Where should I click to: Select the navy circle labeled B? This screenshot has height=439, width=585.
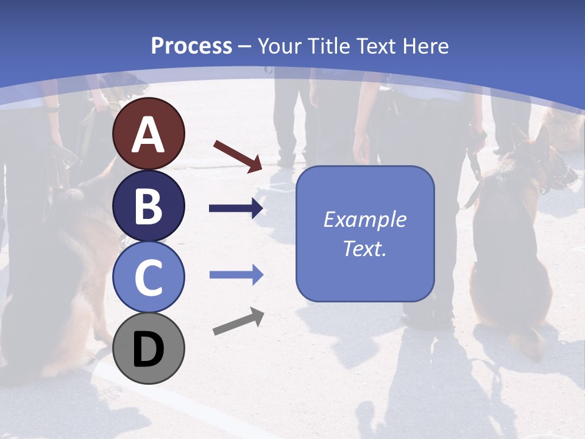[x=149, y=205]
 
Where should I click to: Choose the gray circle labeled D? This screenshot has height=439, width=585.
[x=149, y=348]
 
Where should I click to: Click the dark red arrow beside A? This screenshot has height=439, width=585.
[x=238, y=155]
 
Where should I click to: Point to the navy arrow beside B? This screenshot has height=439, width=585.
[x=236, y=209]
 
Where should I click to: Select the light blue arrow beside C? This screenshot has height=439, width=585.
[x=236, y=275]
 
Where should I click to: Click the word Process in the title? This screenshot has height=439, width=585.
[x=191, y=46]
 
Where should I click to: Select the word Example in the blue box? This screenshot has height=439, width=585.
[x=364, y=220]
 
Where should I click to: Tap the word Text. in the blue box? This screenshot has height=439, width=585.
[x=364, y=248]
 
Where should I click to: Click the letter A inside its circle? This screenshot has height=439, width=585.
[x=149, y=135]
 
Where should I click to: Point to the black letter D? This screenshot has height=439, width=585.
[x=149, y=350]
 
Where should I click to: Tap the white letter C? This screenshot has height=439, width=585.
[x=149, y=277]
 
